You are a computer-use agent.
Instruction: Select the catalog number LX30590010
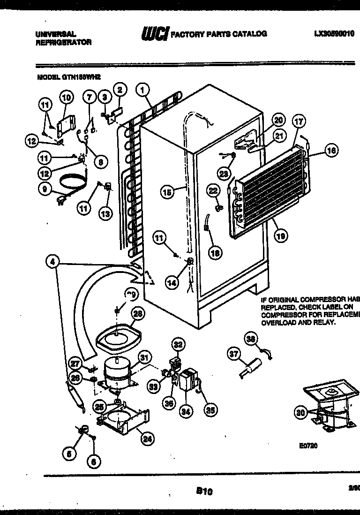(x=335, y=34)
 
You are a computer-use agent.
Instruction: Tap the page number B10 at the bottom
(x=204, y=491)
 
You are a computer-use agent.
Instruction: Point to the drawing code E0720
(x=309, y=446)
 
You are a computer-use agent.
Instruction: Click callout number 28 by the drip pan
(x=138, y=314)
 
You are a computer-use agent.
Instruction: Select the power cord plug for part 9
(x=60, y=202)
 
